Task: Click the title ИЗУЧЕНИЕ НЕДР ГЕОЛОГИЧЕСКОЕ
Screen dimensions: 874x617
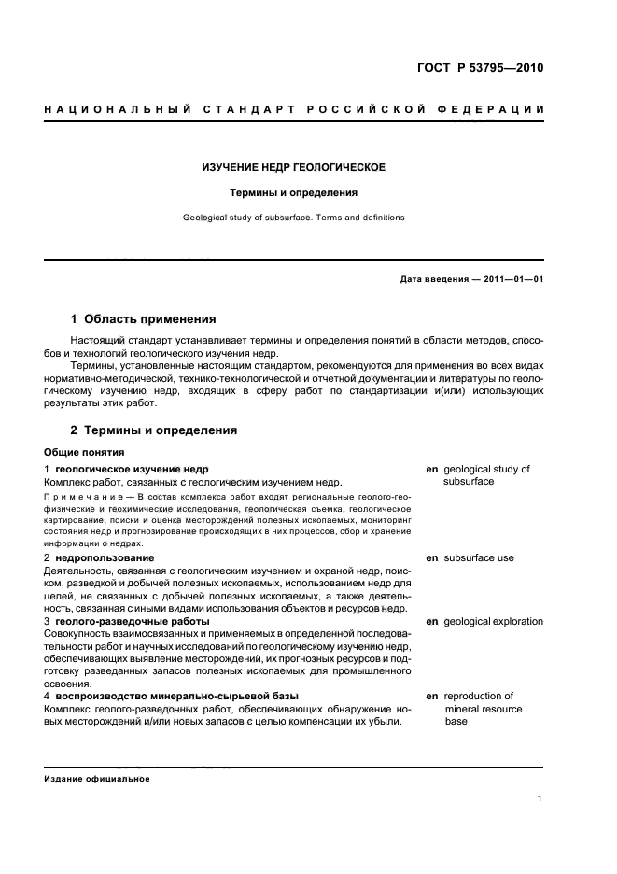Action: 295,168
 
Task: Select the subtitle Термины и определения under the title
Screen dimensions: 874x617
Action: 295,193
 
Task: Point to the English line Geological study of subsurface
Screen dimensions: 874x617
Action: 295,218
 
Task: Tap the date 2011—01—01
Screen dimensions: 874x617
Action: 512,279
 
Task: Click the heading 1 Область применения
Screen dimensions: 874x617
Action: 144,319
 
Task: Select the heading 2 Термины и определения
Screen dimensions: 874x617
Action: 154,430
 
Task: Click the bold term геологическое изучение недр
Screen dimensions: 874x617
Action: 132,469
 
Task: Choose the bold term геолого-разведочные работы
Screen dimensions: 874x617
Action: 133,621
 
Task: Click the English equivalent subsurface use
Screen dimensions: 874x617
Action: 479,557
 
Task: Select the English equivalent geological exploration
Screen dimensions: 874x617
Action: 493,621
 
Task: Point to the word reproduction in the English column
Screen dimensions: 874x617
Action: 478,696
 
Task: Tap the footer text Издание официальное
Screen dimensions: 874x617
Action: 96,778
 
